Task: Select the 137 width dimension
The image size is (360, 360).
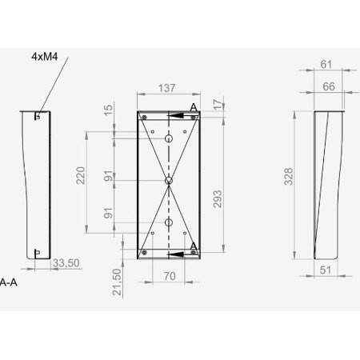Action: (167, 89)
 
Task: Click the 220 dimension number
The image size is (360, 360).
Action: (81, 176)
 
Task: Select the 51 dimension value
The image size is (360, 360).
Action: (324, 270)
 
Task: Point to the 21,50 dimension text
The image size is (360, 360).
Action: (117, 282)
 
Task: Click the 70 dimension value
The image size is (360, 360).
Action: (168, 276)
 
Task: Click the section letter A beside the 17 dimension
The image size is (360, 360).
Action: (194, 106)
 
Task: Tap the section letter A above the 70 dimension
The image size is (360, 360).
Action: (194, 246)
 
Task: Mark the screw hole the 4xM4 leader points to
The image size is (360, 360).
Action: (38, 116)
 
